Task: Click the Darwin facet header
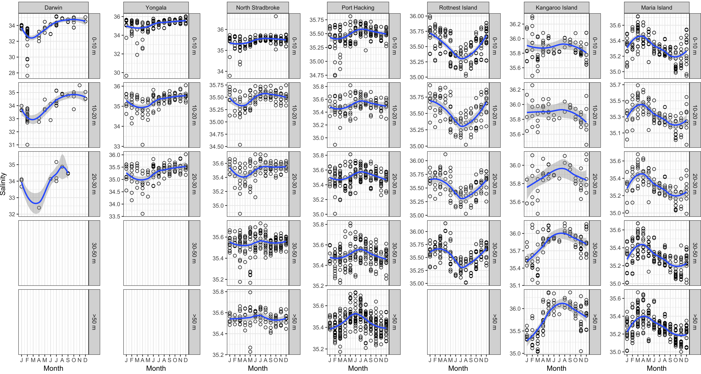pyautogui.click(x=53, y=8)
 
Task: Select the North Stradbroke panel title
pyautogui.click(x=258, y=8)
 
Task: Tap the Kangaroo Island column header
pyautogui.click(x=557, y=8)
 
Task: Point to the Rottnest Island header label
pyautogui.click(x=458, y=8)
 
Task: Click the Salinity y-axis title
pyautogui.click(x=3, y=184)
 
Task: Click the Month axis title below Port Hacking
pyautogui.click(x=358, y=368)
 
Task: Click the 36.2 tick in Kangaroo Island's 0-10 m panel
pyautogui.click(x=515, y=24)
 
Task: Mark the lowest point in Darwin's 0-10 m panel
pyautogui.click(x=27, y=76)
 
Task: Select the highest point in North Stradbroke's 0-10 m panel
pyautogui.click(x=276, y=16)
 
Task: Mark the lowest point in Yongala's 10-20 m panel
pyautogui.click(x=142, y=145)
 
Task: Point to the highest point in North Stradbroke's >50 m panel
pyautogui.click(x=250, y=292)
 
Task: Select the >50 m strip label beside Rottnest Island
pyautogui.click(x=494, y=322)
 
